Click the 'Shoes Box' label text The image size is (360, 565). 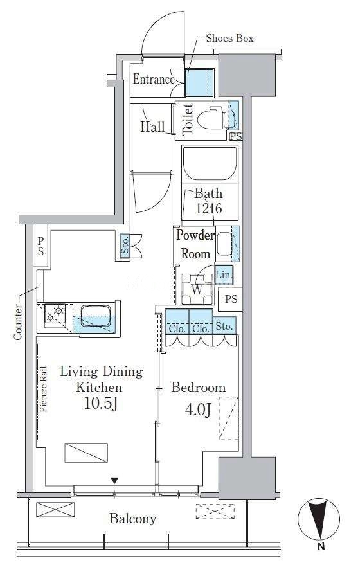click(x=230, y=38)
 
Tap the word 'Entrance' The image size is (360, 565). click(x=154, y=79)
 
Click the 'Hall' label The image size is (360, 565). click(x=152, y=127)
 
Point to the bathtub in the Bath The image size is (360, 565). click(x=210, y=163)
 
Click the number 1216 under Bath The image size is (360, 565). click(x=209, y=208)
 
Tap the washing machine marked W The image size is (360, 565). click(x=197, y=289)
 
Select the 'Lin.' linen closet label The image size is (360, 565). click(x=224, y=275)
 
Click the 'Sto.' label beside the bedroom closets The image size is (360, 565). click(x=224, y=326)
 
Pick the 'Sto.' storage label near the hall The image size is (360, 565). click(x=125, y=247)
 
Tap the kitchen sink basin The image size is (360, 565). click(x=95, y=316)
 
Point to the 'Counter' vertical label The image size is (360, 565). click(x=17, y=323)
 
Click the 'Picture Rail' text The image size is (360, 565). click(x=44, y=389)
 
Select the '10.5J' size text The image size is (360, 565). click(x=101, y=403)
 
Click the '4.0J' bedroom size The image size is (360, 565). click(x=198, y=409)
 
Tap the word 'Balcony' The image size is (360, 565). click(x=133, y=519)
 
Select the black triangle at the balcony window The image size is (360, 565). click(x=114, y=480)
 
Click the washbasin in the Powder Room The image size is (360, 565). click(x=224, y=244)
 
